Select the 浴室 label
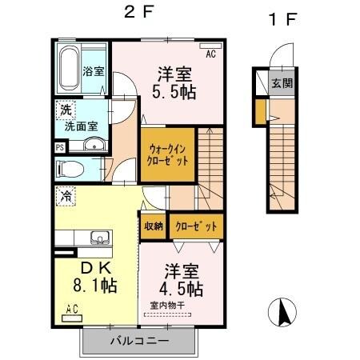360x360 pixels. pyautogui.click(x=94, y=71)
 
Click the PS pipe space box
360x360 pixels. pyautogui.click(x=59, y=147)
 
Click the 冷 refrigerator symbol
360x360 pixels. pyautogui.click(x=62, y=193)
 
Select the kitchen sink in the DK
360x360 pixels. pyautogui.click(x=100, y=238)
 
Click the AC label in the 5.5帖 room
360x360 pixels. pyautogui.click(x=211, y=54)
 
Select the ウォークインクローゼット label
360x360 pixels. pyautogui.click(x=168, y=154)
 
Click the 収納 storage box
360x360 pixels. pyautogui.click(x=154, y=226)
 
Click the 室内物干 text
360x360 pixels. pyautogui.click(x=166, y=304)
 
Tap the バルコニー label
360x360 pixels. pyautogui.click(x=138, y=340)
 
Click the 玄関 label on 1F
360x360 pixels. pyautogui.click(x=281, y=82)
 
